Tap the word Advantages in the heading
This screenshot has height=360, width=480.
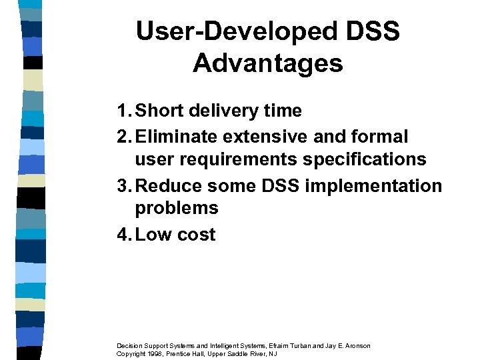click(x=268, y=63)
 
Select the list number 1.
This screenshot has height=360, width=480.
click(x=121, y=111)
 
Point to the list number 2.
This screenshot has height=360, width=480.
click(x=121, y=137)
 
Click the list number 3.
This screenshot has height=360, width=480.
click(x=121, y=185)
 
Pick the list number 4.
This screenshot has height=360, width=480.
click(x=121, y=235)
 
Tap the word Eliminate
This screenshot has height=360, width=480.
click(x=176, y=137)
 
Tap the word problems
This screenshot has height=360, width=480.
click(x=177, y=208)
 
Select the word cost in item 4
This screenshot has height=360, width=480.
click(x=196, y=235)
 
